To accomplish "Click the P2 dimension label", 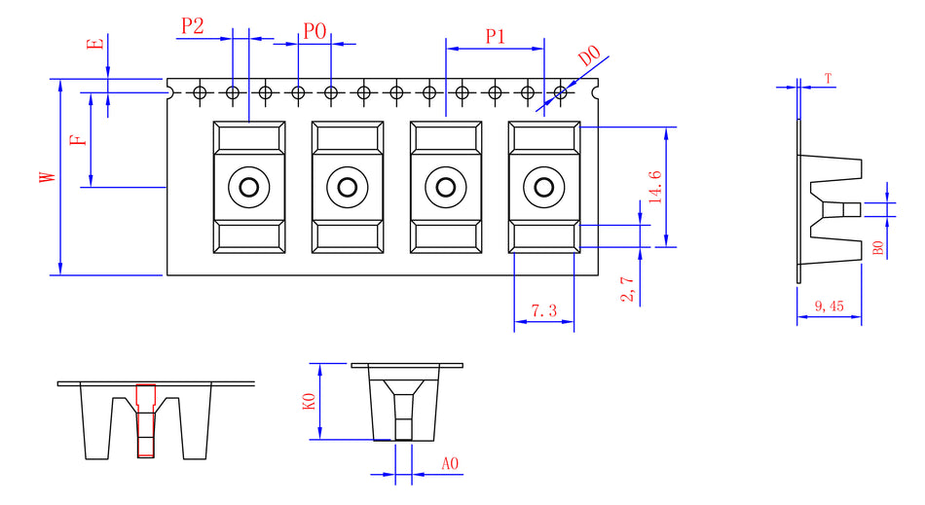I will pos(192,26).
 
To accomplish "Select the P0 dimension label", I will pos(314,31).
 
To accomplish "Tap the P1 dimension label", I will pos(495,37).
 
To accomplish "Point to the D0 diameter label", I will pos(590,56).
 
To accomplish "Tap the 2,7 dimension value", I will pos(627,289).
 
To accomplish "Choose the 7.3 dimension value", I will pos(543,311).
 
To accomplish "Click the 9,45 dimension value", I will pos(829,307).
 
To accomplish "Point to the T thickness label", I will pos(828,78).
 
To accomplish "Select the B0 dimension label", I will pos(877,248).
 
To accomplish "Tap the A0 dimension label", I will pos(450,464).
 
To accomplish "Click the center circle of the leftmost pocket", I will pos(248,187).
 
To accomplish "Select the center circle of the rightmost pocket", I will pos(543,187).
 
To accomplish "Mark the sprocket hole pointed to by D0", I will pos(560,93).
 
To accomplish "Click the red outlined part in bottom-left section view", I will pos(145,420).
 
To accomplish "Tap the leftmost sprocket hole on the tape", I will pos(200,93).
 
